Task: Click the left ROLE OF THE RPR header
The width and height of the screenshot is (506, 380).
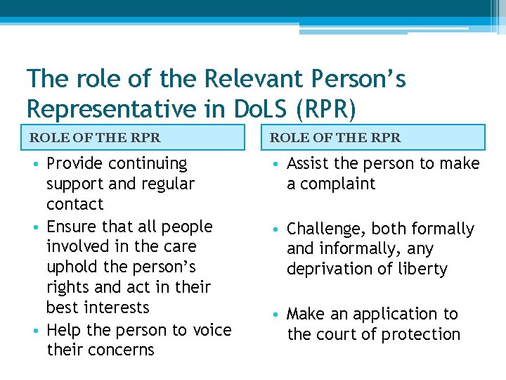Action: pyautogui.click(x=95, y=137)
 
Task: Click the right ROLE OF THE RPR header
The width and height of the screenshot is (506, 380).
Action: pyautogui.click(x=335, y=137)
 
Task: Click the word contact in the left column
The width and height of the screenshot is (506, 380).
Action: pyautogui.click(x=74, y=205)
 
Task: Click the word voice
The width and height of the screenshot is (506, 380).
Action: pyautogui.click(x=212, y=330)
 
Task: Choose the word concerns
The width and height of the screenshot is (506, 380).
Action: pyautogui.click(x=121, y=350)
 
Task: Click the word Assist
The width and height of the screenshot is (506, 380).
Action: pyautogui.click(x=309, y=164)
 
